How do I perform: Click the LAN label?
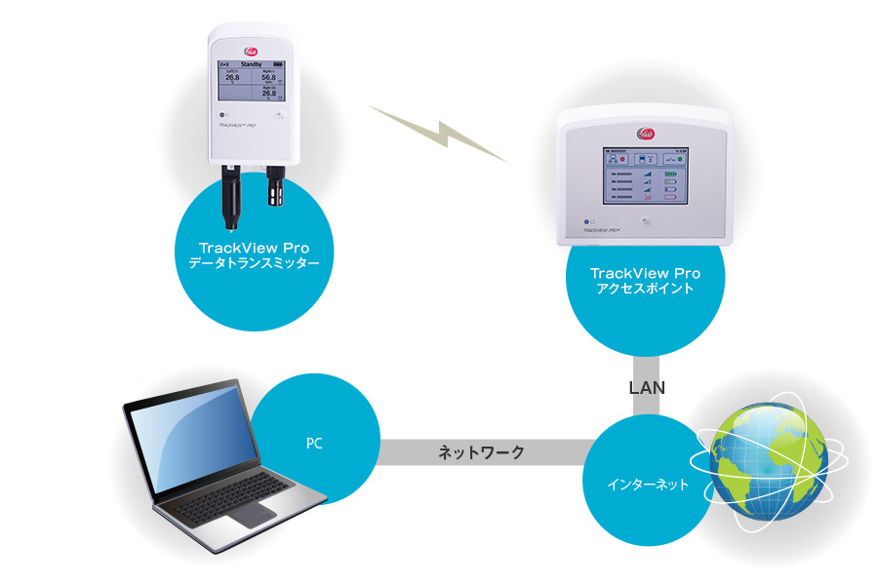646,387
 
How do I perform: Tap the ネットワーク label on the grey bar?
481,452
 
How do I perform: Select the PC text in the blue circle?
313,445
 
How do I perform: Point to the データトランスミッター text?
253,263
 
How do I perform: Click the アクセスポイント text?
645,291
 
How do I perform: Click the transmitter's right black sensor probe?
275,189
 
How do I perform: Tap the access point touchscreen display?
645,175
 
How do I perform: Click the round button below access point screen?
645,222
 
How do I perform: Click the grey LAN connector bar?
645,400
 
